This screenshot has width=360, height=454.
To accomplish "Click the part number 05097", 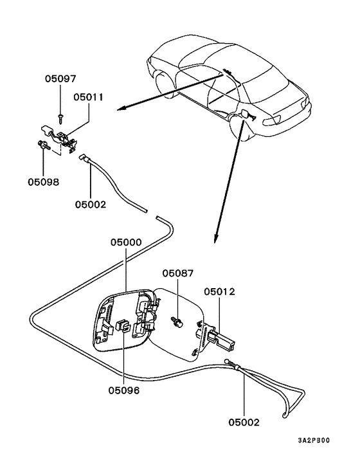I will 60,80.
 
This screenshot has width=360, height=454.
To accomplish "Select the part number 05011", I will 89,98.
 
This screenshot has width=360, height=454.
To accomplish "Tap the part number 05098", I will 43,182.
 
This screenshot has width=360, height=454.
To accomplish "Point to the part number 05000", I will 125,244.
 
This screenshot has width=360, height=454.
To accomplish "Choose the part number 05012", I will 220,291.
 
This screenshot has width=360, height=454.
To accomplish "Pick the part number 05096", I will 124,390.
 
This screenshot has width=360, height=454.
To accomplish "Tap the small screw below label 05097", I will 60,116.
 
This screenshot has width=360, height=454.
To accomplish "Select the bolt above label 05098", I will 42,145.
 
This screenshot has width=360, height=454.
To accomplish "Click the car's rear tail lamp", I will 284,120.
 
